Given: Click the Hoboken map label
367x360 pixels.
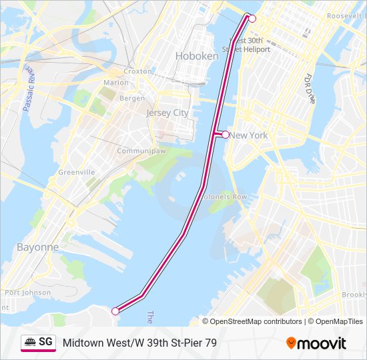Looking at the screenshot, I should [x=197, y=56].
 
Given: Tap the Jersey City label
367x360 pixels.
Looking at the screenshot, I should [x=167, y=113].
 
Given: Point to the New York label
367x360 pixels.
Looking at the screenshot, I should [x=249, y=135].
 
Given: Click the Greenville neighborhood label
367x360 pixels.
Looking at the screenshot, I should [x=77, y=172].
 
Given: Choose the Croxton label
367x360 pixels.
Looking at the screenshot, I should [x=137, y=71].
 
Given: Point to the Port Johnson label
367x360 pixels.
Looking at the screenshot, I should [x=27, y=292].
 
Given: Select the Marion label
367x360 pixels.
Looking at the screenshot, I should [x=116, y=83].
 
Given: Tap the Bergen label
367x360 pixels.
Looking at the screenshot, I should [x=131, y=99].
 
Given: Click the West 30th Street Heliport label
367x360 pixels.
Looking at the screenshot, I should [x=250, y=45].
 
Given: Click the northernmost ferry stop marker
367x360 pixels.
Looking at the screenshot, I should [x=252, y=19].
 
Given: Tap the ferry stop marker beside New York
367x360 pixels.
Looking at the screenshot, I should [x=226, y=135].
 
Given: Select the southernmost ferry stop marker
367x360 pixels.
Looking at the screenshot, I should [x=115, y=311].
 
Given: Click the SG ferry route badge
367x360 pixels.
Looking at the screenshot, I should [x=38, y=342].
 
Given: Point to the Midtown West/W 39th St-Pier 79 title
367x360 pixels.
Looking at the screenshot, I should [x=139, y=343].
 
